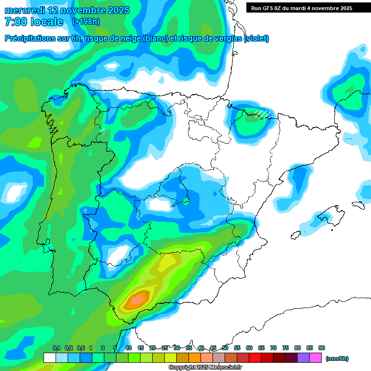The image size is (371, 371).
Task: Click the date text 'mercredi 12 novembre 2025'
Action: (x=67, y=10)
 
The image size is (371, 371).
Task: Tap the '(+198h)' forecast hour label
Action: (x=86, y=22)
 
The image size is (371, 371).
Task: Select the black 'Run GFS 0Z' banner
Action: (x=308, y=8)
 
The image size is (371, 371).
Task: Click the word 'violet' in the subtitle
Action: (x=256, y=39)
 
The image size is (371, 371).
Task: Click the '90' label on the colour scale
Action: (x=322, y=348)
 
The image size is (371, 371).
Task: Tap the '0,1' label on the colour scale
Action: (x=57, y=348)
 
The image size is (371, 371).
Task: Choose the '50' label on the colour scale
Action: (x=225, y=348)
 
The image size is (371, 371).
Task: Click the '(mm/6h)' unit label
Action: (x=337, y=358)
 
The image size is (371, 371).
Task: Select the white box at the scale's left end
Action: (x=49, y=358)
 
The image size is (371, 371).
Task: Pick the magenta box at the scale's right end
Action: (x=315, y=358)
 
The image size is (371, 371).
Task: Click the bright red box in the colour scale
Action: (x=255, y=358)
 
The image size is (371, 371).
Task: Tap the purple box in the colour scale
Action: (x=303, y=358)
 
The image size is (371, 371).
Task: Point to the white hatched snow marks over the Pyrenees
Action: (x=262, y=114)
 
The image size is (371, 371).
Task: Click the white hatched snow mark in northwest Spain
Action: (x=102, y=130)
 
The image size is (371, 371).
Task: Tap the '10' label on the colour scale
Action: (x=128, y=348)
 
